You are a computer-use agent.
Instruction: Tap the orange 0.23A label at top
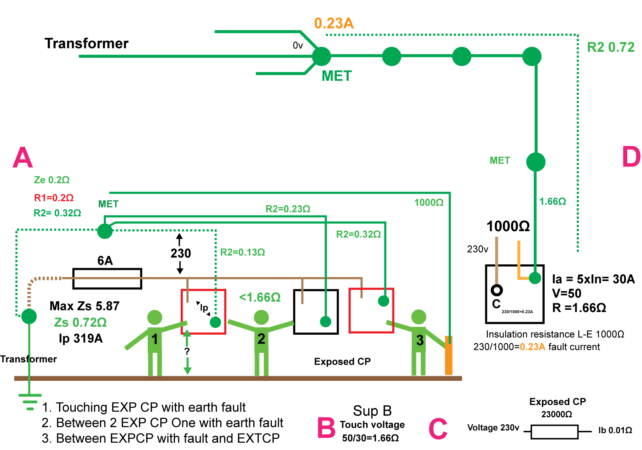pos(334,23)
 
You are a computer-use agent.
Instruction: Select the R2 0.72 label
pos(610,47)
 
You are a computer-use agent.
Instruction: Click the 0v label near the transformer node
pos(298,46)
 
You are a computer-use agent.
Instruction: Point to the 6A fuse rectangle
pos(107,279)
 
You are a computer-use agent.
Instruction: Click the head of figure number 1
pos(155,317)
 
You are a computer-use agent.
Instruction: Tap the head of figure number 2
pos(261,317)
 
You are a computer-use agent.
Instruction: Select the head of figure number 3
pos(419,317)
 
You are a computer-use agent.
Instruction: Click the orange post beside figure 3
pos(448,355)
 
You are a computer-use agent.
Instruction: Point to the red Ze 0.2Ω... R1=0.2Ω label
pos(54,198)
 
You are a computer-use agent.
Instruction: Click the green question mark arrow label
pos(187,351)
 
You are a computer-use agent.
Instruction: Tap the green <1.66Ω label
pos(260,297)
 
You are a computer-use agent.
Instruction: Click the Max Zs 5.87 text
pos(85,306)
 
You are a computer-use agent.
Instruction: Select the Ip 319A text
pos(81,338)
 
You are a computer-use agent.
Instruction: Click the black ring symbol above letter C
pos(497,290)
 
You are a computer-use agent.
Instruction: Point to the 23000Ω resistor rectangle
pos(554,432)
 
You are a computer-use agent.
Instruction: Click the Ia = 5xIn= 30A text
pos(593,279)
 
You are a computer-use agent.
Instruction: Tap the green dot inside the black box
pos(326,321)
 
